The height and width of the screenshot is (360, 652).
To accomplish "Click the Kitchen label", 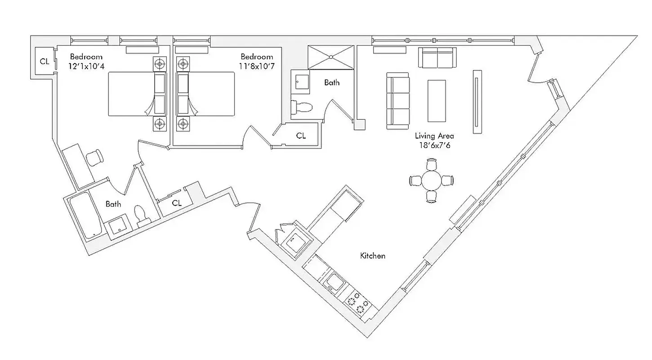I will (373, 256).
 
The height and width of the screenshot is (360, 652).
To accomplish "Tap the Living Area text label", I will (434, 135).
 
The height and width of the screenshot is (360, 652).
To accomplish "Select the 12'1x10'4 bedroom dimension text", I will (86, 66).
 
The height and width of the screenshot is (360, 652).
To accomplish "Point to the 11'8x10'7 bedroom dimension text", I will (256, 66).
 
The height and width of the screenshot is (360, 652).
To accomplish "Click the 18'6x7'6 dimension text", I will (434, 145).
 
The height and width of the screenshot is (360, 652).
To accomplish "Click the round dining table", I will (432, 181).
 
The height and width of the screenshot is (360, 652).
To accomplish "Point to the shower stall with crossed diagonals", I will (331, 57).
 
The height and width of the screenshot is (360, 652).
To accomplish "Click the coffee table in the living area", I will (436, 100).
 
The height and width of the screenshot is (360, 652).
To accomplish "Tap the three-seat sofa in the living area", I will (397, 100).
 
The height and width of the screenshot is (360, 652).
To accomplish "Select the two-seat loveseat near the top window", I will (437, 57).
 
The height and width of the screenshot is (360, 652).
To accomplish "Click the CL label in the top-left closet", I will (45, 62).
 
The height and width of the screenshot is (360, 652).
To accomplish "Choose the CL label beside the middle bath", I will (301, 135).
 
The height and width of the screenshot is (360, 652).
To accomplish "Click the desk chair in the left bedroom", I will (95, 157).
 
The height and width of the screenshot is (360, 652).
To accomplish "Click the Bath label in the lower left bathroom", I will (113, 204).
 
